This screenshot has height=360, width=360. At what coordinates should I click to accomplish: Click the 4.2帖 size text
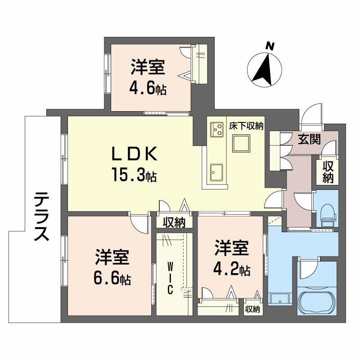pyautogui.click(x=232, y=269)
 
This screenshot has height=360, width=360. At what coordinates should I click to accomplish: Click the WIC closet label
pyautogui.click(x=171, y=278)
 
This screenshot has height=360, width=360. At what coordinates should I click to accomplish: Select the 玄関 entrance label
pyautogui.click(x=309, y=139)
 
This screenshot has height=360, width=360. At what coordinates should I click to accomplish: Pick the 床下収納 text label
pyautogui.click(x=246, y=126)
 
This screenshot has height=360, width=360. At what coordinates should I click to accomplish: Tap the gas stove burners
pyautogui.click(x=217, y=130)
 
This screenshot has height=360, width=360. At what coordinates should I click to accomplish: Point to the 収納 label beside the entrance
pyautogui.click(x=328, y=172)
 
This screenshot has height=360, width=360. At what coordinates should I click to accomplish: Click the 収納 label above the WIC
pyautogui.click(x=174, y=221)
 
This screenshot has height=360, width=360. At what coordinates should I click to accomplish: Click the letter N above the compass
pyautogui.click(x=270, y=45)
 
